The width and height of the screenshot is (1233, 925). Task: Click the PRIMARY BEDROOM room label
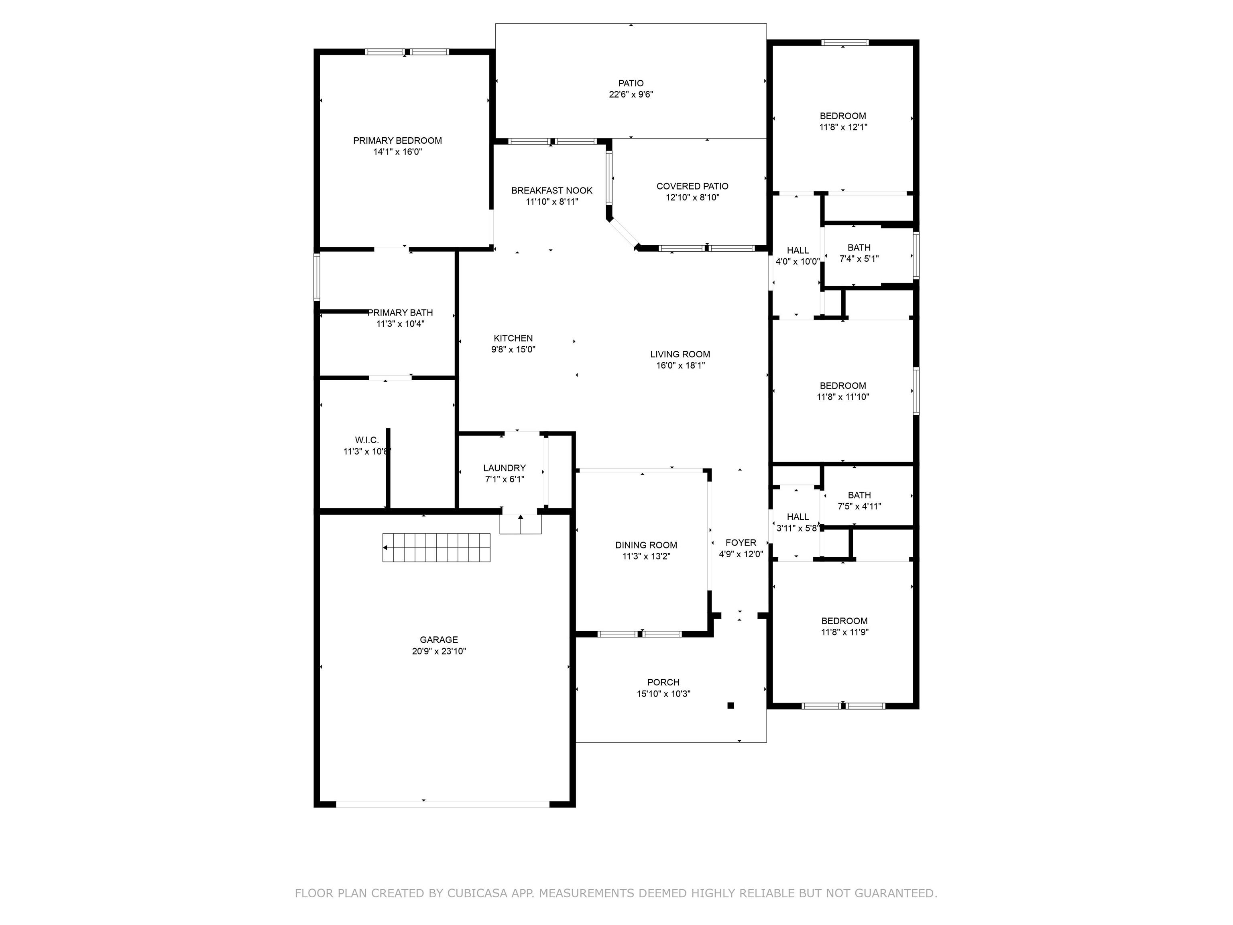(397, 141)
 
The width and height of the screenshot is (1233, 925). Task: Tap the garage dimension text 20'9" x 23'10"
(439, 651)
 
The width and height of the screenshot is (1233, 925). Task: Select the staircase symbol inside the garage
(436, 548)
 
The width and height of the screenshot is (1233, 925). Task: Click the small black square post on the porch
(731, 705)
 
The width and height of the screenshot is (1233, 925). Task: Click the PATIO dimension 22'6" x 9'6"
(631, 95)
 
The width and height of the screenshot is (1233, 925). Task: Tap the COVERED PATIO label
(692, 186)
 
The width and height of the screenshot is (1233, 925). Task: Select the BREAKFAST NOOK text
(552, 191)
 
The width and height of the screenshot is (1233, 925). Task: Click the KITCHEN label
(513, 338)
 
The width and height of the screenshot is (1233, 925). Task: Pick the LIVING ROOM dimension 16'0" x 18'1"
(681, 366)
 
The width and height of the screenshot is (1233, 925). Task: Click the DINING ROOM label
(647, 545)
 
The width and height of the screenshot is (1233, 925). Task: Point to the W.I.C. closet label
(367, 440)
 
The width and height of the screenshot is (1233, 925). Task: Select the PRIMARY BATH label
(400, 313)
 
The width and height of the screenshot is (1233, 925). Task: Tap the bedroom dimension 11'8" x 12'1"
(843, 127)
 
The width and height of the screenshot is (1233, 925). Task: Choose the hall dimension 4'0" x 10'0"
(798, 261)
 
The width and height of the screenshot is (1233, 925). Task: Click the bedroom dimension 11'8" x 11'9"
(845, 632)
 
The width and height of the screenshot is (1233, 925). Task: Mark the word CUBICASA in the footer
(478, 893)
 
